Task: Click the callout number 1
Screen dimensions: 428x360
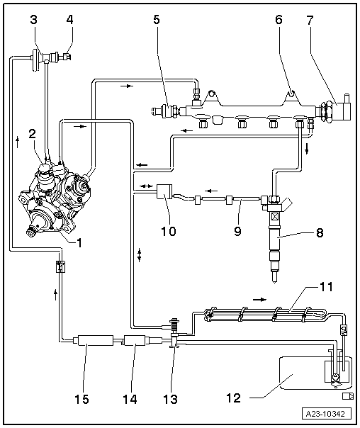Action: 80,242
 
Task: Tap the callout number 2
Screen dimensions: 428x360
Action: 31,133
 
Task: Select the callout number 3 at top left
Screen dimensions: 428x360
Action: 33,19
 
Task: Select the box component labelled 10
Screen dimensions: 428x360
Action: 164,191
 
